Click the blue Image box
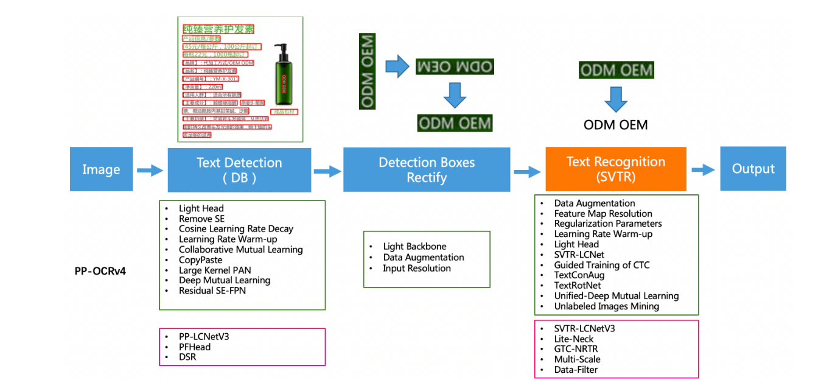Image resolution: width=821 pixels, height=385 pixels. [101, 169]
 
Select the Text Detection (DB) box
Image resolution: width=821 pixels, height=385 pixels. [239, 170]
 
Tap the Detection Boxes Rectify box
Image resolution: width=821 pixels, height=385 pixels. [427, 170]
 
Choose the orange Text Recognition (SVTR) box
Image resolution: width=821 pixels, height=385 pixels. [615, 169]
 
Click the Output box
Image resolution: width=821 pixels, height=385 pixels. [753, 169]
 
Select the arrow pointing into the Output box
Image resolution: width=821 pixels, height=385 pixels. [703, 170]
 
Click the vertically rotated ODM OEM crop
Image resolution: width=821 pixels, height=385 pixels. [367, 71]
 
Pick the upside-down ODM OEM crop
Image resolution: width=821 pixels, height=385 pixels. [454, 67]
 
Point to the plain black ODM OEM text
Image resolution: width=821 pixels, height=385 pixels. [615, 125]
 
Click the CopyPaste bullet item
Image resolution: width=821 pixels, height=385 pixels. [200, 260]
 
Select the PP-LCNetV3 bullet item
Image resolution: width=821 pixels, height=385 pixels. [204, 336]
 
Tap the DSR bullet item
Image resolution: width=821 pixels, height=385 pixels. [187, 357]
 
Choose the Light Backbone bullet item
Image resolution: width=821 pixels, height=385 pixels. [414, 247]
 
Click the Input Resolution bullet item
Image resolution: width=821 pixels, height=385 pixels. [417, 268]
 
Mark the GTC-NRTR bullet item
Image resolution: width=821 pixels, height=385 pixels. [576, 349]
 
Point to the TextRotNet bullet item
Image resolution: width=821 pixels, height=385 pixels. [577, 285]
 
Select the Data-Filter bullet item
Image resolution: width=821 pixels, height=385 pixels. [576, 370]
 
